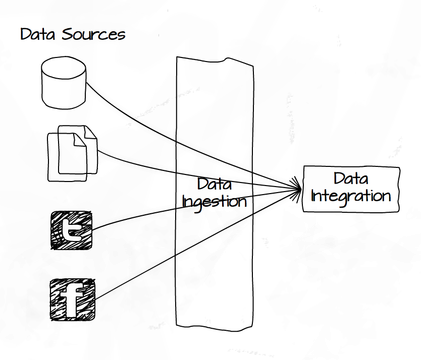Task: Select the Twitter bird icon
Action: click(72, 230)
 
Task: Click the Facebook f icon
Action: click(73, 300)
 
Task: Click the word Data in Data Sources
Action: click(39, 35)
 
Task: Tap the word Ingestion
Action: click(215, 202)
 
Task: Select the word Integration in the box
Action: click(351, 196)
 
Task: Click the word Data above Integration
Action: click(351, 178)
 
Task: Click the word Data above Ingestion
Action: click(215, 185)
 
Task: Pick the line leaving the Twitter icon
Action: click(126, 218)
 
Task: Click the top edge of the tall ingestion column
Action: click(214, 59)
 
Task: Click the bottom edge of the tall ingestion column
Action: click(214, 328)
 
